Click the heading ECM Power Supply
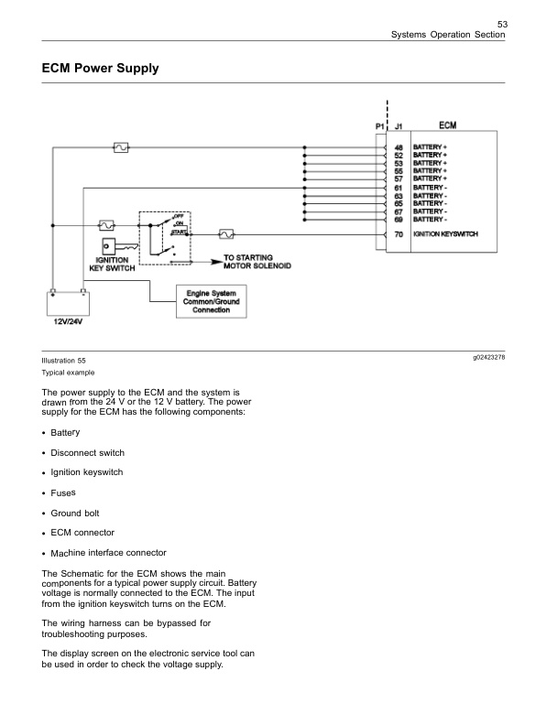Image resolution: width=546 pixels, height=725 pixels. click(101, 69)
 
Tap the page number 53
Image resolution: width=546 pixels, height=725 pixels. click(501, 23)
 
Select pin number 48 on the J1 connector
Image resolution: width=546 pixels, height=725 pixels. click(399, 146)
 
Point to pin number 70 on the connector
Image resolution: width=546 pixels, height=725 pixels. click(399, 235)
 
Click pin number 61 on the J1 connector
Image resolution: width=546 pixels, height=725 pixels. click(399, 188)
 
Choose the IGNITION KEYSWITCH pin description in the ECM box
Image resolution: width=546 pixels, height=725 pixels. click(445, 235)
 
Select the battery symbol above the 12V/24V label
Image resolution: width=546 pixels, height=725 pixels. click(70, 301)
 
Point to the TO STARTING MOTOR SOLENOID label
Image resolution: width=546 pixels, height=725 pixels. click(257, 262)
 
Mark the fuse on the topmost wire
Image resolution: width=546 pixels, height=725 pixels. click(119, 146)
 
